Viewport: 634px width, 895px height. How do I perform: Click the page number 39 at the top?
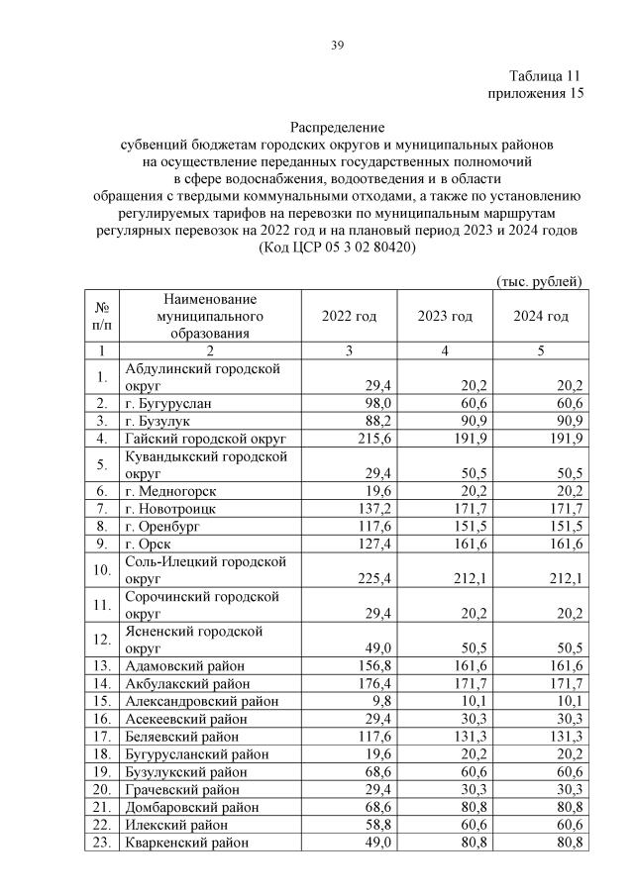(x=337, y=44)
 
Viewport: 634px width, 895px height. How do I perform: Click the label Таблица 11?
(x=544, y=76)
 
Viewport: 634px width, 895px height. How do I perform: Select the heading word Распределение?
(x=336, y=128)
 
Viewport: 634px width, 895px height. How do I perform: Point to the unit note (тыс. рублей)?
(x=538, y=282)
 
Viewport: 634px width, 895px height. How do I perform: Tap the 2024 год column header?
(x=540, y=316)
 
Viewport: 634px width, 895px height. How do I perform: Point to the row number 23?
(x=101, y=843)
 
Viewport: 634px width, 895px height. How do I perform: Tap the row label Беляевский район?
(x=183, y=737)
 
